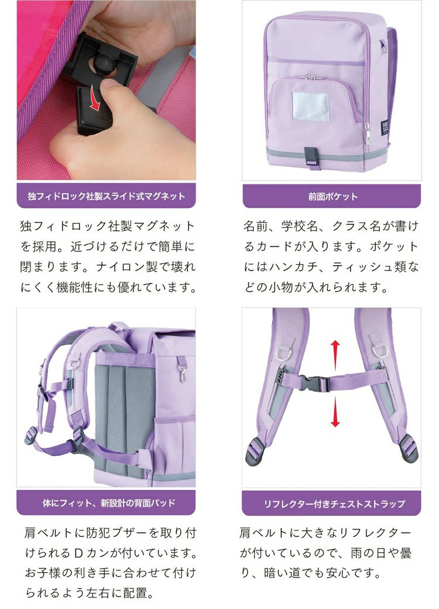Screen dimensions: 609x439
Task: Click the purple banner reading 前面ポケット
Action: (x=332, y=196)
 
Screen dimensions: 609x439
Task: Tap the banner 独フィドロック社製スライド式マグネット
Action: (x=106, y=196)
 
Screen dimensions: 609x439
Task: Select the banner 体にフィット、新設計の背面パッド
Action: (x=106, y=503)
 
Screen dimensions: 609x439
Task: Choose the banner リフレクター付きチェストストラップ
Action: (x=332, y=503)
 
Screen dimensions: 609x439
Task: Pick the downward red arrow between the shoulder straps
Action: (x=335, y=413)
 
